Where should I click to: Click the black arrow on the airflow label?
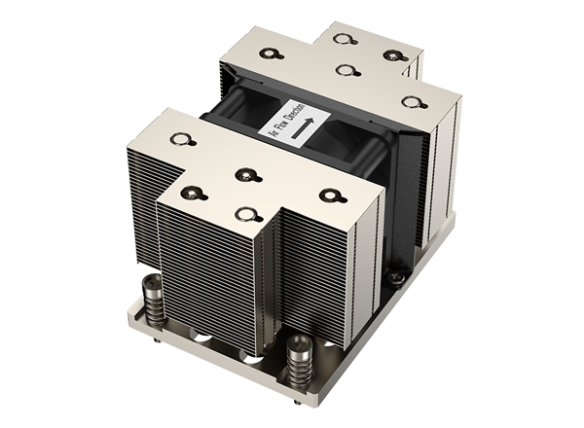coord(303,128)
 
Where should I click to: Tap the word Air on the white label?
coord(275,132)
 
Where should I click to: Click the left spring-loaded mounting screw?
coord(153,299)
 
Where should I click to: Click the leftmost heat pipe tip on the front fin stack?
coord(180,140)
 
